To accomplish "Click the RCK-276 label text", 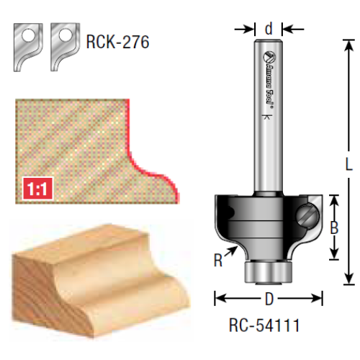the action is click(117, 42).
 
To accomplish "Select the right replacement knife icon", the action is click(64, 47).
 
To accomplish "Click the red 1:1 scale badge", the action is click(37, 189).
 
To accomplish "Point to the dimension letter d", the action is click(269, 29).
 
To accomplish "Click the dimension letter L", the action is click(348, 164).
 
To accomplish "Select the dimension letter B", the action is click(334, 228).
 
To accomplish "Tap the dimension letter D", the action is click(269, 299).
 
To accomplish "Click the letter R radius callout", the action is click(218, 260).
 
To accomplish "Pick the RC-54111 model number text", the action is click(264, 325).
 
